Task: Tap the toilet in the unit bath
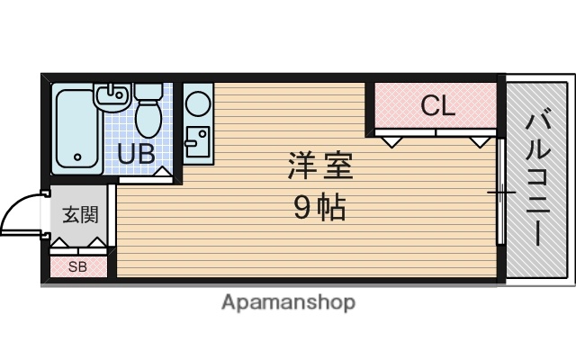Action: point(148,115)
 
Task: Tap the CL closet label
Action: point(438,106)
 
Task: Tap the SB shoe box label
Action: point(77,267)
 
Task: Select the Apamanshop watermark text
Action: point(288,302)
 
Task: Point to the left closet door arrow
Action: point(389,141)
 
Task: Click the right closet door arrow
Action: point(478,141)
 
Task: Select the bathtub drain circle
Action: point(77,157)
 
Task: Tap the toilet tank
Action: point(148,91)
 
